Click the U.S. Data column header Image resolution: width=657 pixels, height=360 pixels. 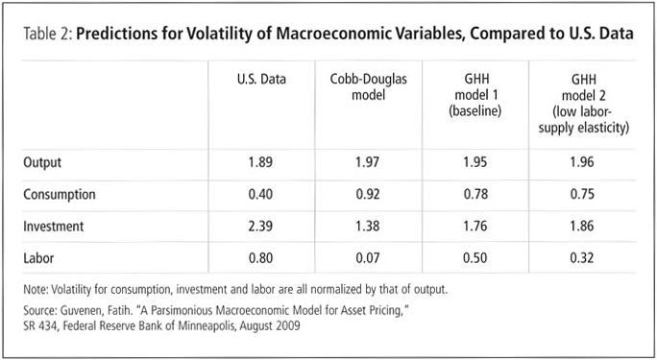pyautogui.click(x=261, y=79)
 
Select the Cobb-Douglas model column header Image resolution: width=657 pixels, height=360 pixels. pyautogui.click(x=368, y=86)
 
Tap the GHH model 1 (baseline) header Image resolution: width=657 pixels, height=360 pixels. pyautogui.click(x=475, y=95)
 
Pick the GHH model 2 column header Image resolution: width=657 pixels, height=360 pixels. pyautogui.click(x=583, y=104)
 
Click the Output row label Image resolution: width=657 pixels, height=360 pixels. pyautogui.click(x=42, y=162)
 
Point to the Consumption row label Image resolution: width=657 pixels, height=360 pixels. pyautogui.click(x=60, y=194)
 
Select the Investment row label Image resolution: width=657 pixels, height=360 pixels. pyautogui.click(x=54, y=226)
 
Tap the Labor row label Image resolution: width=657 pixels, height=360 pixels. pyautogui.click(x=38, y=258)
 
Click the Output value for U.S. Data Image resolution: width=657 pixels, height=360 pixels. pyautogui.click(x=260, y=162)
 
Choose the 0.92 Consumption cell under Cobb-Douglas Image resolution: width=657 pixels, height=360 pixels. pyautogui.click(x=368, y=194)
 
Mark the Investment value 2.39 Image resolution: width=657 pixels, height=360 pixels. pyautogui.click(x=260, y=226)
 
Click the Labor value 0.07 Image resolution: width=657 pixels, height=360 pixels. pyautogui.click(x=368, y=258)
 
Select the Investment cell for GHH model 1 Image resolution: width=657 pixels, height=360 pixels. pyautogui.click(x=475, y=226)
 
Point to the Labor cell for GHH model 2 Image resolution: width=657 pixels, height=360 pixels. pyautogui.click(x=582, y=258)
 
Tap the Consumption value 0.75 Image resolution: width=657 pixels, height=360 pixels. pyautogui.click(x=582, y=194)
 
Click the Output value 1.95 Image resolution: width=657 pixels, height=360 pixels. pyautogui.click(x=475, y=162)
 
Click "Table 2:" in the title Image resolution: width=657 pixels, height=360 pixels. pyautogui.click(x=48, y=34)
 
